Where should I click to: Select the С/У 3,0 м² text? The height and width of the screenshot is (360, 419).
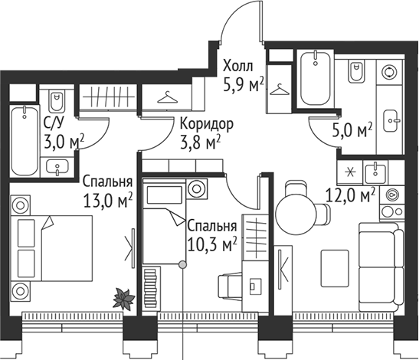click(63, 133)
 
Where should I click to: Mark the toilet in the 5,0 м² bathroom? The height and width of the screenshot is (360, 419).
click(358, 73)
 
